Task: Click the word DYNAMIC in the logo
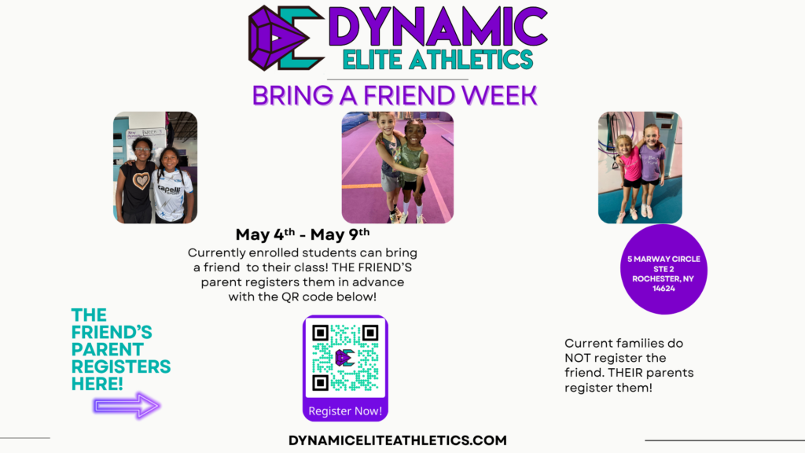coord(438,27)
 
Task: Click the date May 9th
coord(340,234)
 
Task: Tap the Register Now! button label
coord(345,411)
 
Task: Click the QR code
coord(345,358)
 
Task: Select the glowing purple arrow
coord(127,406)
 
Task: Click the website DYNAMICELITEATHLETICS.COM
coord(397,440)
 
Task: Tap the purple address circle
coord(663,269)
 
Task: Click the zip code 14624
coord(663,289)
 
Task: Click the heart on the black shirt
coord(141,180)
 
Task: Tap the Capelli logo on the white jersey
coord(169,190)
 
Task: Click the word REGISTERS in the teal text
coord(121,366)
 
